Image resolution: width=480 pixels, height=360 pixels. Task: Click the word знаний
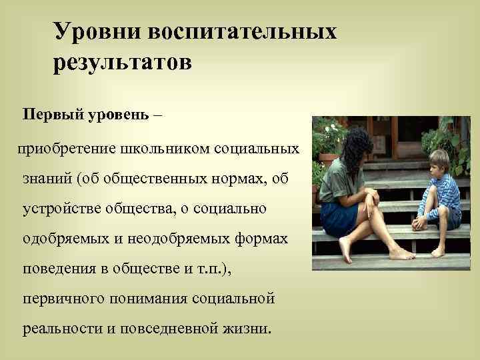coord(47,178)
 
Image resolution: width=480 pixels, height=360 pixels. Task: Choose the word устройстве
coord(59,209)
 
